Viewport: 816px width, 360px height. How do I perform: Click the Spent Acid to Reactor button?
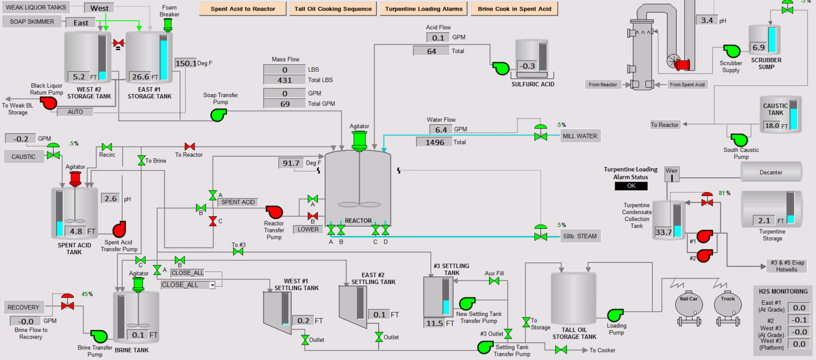coord(243,9)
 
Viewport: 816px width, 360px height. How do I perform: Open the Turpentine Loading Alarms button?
coord(424,9)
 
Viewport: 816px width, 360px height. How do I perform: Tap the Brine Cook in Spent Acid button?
coord(514,9)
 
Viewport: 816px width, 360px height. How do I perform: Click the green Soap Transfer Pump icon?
coord(218,115)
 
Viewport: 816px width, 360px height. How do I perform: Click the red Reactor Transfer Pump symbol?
coord(275,212)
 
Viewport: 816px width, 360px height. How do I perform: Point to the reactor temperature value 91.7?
coord(291,163)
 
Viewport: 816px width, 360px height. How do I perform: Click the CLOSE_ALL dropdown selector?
coord(189,285)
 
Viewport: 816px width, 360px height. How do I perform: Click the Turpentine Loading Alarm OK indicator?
coord(631,186)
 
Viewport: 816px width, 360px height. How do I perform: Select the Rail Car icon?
coord(687,307)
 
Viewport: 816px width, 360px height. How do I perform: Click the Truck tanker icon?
coord(728,307)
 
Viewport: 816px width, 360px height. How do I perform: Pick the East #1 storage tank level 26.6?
coord(140,77)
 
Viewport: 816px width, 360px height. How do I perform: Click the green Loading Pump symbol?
coord(615,315)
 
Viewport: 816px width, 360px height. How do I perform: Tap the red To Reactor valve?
coord(189,147)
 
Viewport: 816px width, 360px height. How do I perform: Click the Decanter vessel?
coord(771,172)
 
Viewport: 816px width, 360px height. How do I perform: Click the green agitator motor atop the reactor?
coord(360,140)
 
